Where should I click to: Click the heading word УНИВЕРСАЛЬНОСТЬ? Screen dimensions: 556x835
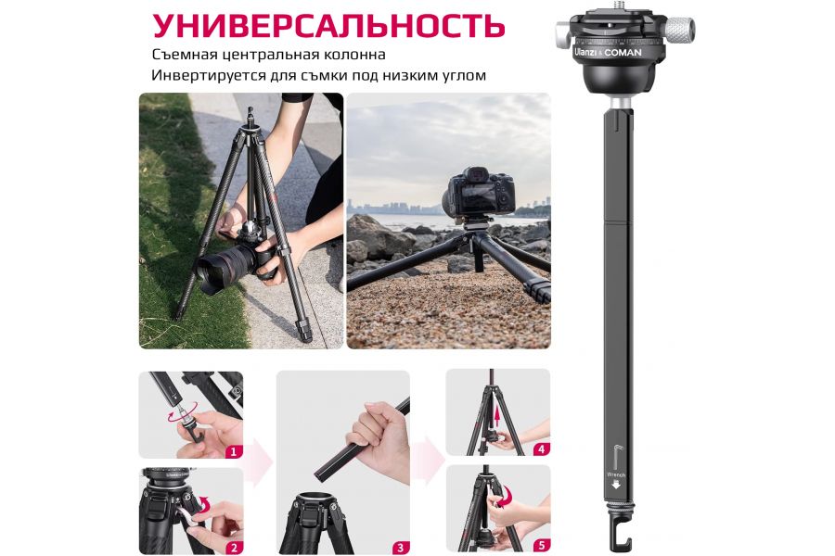tap(328, 24)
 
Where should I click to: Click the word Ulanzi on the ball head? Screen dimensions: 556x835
tap(584, 53)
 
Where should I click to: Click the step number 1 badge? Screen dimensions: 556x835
tap(234, 451)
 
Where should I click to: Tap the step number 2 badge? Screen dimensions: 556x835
tap(234, 547)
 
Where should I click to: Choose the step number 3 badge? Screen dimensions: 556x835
tap(400, 547)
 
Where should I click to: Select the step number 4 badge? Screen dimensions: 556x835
tap(541, 449)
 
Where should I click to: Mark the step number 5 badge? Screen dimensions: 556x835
tap(541, 545)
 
